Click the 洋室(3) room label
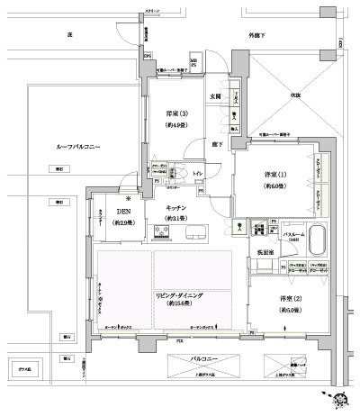[x=175, y=114]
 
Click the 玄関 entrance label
[x=216, y=96]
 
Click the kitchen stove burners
[x=166, y=234]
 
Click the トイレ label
[x=198, y=175]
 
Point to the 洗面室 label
[x=267, y=252]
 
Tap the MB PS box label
[x=193, y=62]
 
